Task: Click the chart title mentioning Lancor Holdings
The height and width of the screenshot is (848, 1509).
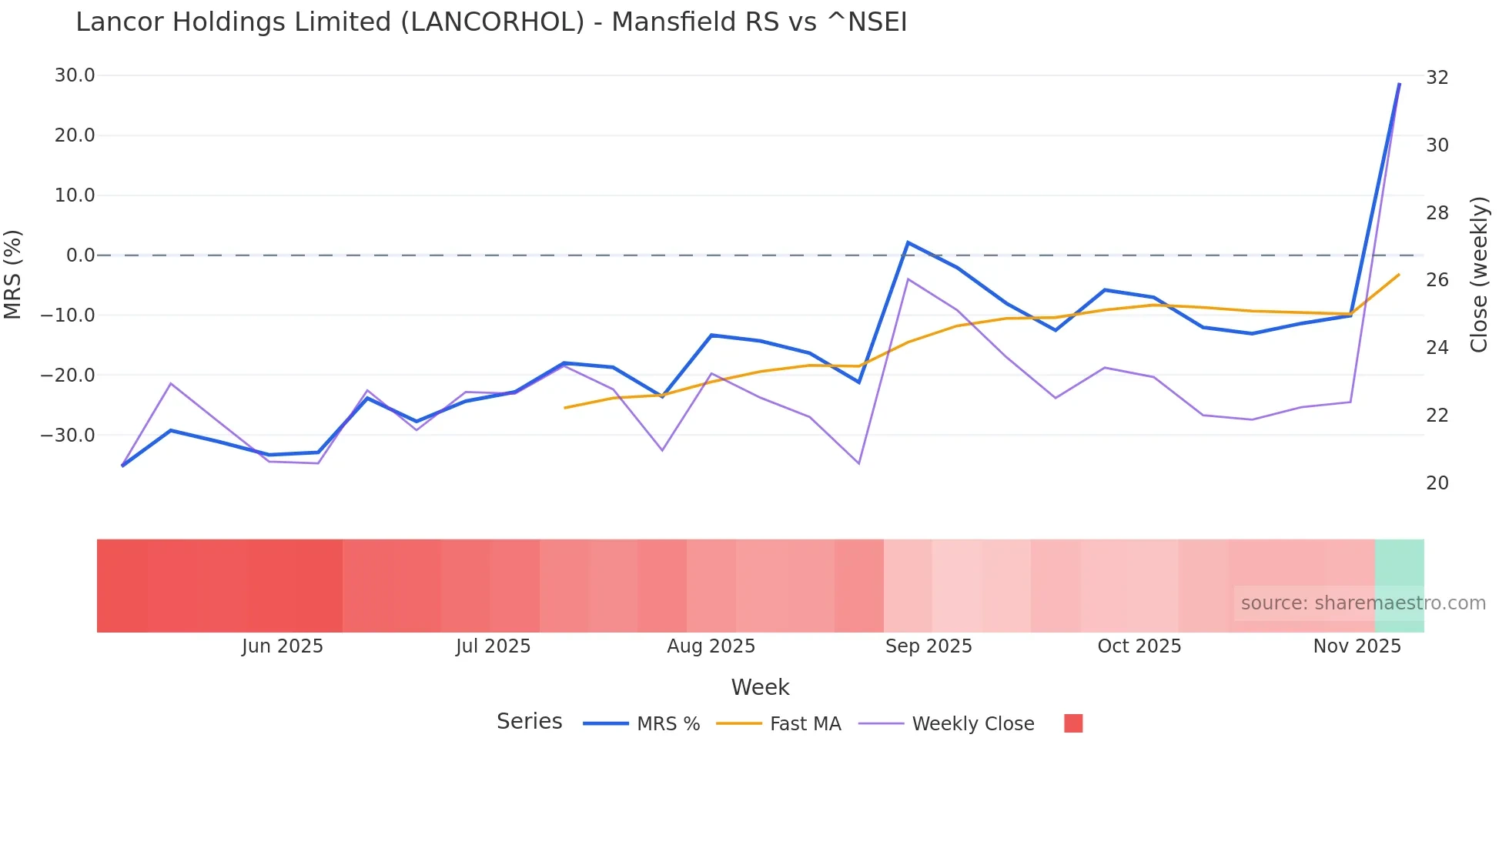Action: coord(491,22)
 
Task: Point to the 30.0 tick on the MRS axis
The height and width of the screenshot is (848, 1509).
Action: coord(75,75)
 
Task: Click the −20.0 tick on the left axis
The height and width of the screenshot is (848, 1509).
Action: coord(69,376)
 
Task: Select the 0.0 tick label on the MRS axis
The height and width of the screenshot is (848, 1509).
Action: coord(81,255)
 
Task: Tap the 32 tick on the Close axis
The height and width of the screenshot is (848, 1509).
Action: coord(1437,78)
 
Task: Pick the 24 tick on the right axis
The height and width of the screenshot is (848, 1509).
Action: coord(1437,348)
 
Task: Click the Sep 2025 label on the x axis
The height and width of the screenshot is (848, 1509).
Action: coord(928,646)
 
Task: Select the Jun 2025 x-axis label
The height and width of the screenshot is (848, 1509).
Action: coord(282,646)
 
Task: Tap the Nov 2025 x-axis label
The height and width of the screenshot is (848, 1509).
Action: coord(1357,646)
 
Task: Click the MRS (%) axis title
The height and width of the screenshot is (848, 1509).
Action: coord(13,274)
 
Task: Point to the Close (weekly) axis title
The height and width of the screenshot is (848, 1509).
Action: coord(1478,274)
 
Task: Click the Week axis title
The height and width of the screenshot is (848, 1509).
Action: coord(760,687)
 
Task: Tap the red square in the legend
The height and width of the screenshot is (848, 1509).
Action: coord(1073,723)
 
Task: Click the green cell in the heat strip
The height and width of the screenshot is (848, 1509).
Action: coord(1399,569)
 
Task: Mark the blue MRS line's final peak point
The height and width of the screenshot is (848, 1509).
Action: coord(1399,84)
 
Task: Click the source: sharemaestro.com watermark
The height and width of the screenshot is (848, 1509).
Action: coord(1363,603)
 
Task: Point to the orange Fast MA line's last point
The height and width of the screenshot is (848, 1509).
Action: coord(1399,275)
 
